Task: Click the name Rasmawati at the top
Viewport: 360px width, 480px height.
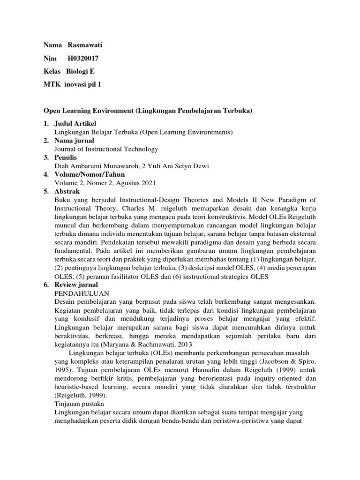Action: pyautogui.click(x=85, y=45)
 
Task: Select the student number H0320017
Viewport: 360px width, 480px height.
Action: pyautogui.click(x=83, y=58)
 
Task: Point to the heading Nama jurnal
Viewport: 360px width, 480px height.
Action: pyautogui.click(x=75, y=141)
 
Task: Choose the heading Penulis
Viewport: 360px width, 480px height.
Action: pyautogui.click(x=66, y=157)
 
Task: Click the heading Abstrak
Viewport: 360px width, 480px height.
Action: pyautogui.click(x=67, y=191)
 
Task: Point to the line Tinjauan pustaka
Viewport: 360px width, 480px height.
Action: pyautogui.click(x=79, y=403)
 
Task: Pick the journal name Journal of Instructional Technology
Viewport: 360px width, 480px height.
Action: pyautogui.click(x=106, y=149)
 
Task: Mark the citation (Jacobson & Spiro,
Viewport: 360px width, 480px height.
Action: pyautogui.click(x=285, y=361)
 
